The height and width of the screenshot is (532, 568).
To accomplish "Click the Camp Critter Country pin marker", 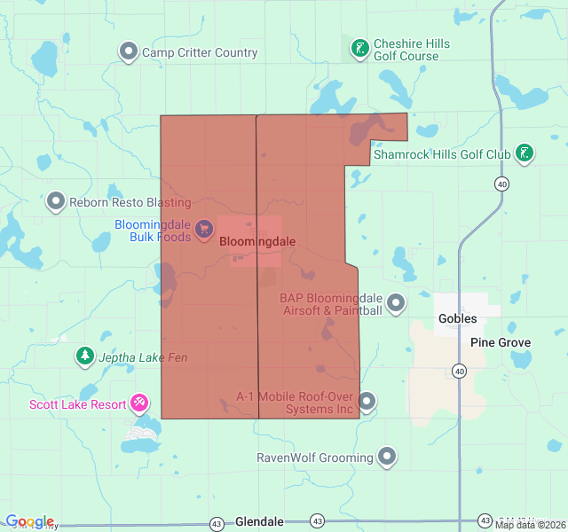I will coord(129,52).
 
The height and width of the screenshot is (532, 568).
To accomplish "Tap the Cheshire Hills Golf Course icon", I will coord(359,49).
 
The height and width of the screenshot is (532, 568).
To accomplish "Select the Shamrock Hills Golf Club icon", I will coord(525,154).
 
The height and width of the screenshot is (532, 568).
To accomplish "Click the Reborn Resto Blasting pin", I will coord(57,202).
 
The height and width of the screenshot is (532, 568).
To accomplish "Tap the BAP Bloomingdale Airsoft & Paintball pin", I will coord(396,304).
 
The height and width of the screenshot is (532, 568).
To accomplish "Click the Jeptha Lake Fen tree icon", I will coord(85,356).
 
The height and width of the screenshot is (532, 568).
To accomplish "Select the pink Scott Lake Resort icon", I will coord(139,404).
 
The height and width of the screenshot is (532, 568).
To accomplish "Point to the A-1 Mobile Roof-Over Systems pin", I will coord(367,403).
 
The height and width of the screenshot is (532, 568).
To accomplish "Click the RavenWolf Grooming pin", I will coord(387,458).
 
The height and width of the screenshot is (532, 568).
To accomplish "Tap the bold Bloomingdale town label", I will coord(257,241).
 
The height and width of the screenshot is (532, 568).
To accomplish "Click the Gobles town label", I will coord(457,318).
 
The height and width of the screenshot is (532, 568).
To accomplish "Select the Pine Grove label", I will coord(501,342).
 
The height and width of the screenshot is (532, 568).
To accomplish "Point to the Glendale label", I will coord(259,522).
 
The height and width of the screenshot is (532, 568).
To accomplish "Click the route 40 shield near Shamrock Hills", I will coord(502,184).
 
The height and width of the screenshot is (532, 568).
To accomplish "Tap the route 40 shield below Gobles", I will coord(459,370).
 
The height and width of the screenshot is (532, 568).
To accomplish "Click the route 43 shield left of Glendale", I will coord(217,523).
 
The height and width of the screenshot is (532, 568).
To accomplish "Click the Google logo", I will coord(29,521).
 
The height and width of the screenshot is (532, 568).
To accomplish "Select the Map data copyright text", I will coord(529,525).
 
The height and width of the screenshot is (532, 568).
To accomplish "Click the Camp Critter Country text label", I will coord(200,52).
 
